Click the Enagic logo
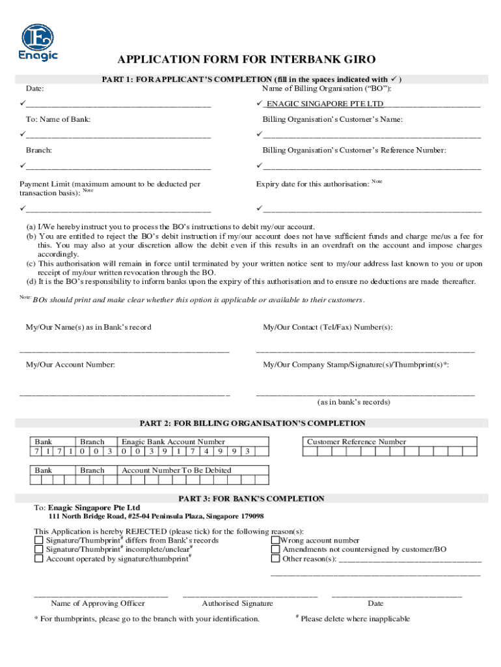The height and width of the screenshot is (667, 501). pos(38,43)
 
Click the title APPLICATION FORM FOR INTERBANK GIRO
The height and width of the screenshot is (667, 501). pos(246,60)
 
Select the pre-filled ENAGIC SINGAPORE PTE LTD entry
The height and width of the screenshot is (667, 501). pos(325,104)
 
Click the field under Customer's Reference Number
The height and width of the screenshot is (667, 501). pos(372,167)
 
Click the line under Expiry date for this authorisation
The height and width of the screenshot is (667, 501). pos(372,210)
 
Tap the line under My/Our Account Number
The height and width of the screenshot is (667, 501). pos(124,393)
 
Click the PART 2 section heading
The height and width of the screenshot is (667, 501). pos(252,423)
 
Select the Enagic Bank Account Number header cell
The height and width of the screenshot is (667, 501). pos(174,442)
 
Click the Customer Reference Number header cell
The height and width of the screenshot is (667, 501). pos(356,442)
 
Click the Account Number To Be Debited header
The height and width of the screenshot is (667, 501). pos(176,470)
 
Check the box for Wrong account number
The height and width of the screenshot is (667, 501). pos(275,540)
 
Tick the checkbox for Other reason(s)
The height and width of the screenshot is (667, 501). pos(275,558)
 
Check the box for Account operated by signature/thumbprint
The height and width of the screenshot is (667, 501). pos(38,558)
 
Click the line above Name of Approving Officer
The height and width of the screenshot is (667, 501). pos(101,595)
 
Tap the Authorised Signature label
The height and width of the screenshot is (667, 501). pos(237,604)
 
